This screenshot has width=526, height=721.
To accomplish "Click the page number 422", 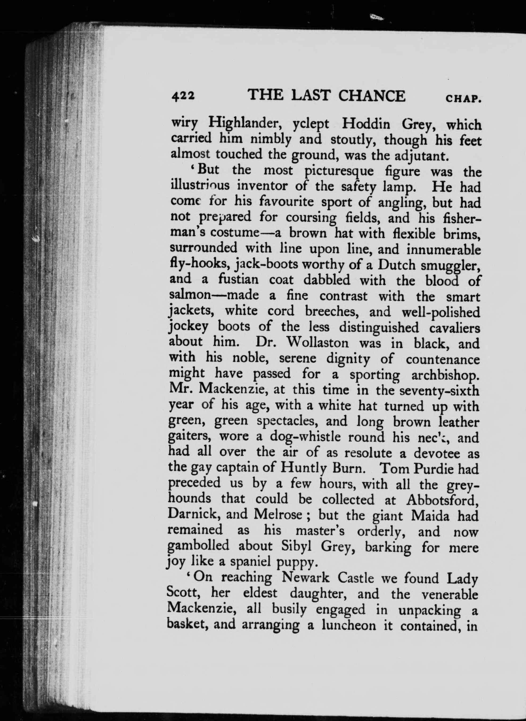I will pyautogui.click(x=183, y=96).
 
